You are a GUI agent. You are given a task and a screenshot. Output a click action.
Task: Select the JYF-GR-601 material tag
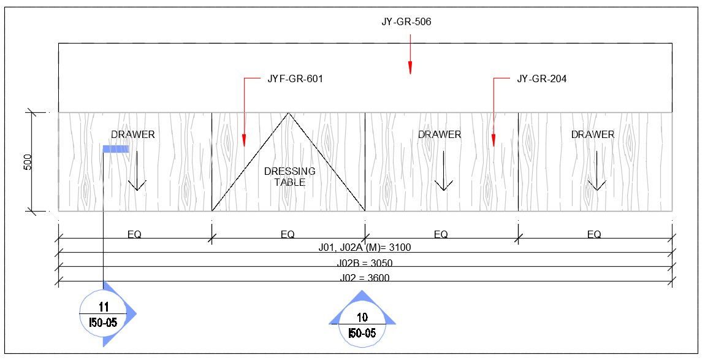coord(295,79)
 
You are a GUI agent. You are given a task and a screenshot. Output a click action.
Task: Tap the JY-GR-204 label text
coord(541,79)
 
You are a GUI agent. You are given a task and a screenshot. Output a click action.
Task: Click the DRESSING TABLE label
coord(289,177)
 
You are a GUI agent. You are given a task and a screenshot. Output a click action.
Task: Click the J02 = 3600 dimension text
coord(364,278)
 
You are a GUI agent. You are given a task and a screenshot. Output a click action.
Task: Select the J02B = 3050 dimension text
coord(364,264)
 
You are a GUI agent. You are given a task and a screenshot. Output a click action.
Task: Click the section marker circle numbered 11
coord(102,313)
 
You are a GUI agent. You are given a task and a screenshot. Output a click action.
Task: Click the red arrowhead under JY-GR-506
coord(411,68)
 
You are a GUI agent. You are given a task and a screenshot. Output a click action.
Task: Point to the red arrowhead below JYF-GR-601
coord(243,141)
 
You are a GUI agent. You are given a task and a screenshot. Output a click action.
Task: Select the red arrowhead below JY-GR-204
coord(493,141)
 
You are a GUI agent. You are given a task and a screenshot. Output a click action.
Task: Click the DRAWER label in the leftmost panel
coord(133,134)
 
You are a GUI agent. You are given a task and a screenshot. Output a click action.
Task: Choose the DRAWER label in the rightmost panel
coord(593,134)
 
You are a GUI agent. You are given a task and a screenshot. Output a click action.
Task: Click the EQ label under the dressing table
coord(288,234)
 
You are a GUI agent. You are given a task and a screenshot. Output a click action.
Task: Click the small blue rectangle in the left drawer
coord(115,148)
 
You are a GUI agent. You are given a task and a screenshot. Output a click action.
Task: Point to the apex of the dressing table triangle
coord(289,113)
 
